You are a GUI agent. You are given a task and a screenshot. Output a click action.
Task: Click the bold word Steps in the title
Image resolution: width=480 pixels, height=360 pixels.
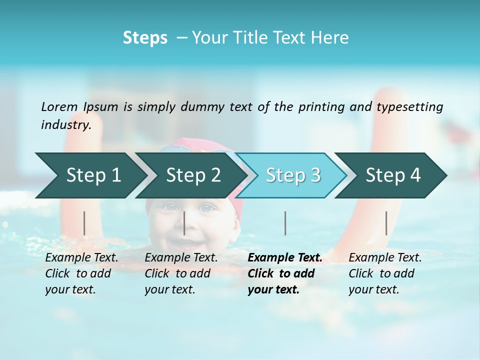point(145,38)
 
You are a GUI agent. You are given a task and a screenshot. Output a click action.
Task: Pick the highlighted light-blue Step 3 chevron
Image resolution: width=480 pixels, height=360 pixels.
point(292,175)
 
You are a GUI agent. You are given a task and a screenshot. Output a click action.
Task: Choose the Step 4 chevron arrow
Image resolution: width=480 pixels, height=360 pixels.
point(392,175)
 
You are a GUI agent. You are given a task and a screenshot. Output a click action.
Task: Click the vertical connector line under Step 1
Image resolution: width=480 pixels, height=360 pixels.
point(84,223)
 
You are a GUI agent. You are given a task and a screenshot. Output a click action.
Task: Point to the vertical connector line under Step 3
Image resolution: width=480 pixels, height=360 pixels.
point(285,223)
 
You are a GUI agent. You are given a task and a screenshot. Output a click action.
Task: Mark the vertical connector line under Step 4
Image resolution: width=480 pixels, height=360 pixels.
point(386,223)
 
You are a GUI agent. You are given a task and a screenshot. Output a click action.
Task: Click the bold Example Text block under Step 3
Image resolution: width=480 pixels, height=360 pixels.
point(284,273)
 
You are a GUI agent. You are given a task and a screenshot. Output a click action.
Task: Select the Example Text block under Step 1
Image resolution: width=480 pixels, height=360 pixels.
point(81,273)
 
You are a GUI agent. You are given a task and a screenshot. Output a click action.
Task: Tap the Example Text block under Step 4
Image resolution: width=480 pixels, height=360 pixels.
point(385,273)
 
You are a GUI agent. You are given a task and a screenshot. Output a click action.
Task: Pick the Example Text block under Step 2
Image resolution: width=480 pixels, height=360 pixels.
point(181,273)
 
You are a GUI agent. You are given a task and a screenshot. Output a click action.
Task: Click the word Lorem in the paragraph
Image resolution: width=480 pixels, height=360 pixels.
point(59,107)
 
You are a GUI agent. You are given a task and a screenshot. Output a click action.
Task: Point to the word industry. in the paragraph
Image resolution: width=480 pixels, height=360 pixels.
point(66,125)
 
